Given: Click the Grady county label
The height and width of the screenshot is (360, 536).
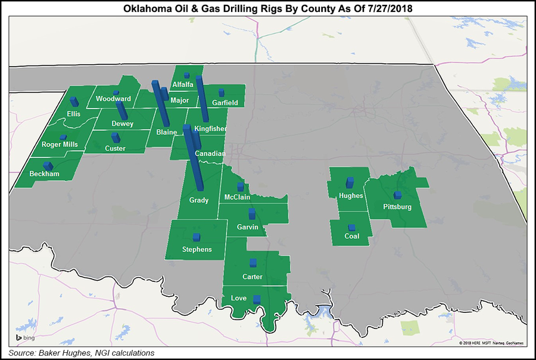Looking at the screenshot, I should (199, 200).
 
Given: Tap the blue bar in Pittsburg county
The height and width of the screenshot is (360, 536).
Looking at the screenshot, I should (397, 195).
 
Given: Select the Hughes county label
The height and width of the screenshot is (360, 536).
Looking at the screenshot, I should (350, 195).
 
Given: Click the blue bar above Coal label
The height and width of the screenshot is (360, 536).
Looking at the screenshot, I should (351, 228).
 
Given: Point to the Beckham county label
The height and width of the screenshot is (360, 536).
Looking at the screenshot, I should (44, 174).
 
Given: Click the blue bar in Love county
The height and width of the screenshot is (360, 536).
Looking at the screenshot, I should (257, 299).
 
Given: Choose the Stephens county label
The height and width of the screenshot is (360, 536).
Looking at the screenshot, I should (197, 249).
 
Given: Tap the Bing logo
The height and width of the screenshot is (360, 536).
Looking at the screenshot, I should (26, 338).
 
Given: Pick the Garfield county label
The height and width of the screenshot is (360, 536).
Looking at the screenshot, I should (225, 103).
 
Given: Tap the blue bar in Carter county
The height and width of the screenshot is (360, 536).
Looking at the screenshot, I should (253, 263).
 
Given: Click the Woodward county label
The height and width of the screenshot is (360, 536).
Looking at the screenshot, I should (113, 99).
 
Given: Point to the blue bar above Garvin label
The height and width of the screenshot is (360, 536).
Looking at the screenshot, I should (252, 213).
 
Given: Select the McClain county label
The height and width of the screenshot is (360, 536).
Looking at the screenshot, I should (237, 197).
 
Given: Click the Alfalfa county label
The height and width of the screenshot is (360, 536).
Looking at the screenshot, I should (183, 85).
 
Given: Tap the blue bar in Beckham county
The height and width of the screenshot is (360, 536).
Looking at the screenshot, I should (48, 165).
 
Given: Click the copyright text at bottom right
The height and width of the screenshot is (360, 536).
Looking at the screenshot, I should (492, 343).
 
